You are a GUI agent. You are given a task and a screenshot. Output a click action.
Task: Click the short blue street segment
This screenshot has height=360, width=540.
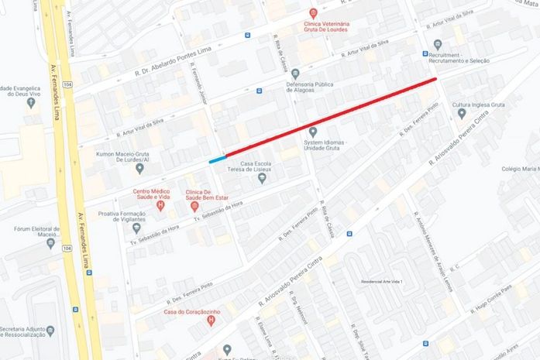(x=217, y=159)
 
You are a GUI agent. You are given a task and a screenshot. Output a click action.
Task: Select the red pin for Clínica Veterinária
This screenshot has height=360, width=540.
(x=313, y=13)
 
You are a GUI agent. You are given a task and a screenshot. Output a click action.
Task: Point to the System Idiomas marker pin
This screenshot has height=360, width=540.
(x=313, y=132)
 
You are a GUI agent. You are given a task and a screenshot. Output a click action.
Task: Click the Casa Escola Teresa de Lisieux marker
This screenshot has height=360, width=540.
(x=262, y=179)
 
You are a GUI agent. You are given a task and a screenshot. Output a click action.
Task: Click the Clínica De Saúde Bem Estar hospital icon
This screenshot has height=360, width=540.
(x=194, y=206)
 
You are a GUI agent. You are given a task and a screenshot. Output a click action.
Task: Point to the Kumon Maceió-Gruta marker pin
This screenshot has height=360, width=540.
(x=139, y=168)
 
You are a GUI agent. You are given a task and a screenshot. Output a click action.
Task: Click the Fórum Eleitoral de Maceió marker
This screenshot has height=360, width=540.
(x=50, y=243)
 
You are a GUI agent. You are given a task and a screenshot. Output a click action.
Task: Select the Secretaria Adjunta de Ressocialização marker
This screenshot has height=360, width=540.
(x=50, y=331)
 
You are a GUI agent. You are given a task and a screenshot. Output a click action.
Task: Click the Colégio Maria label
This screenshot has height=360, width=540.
(x=520, y=167)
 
